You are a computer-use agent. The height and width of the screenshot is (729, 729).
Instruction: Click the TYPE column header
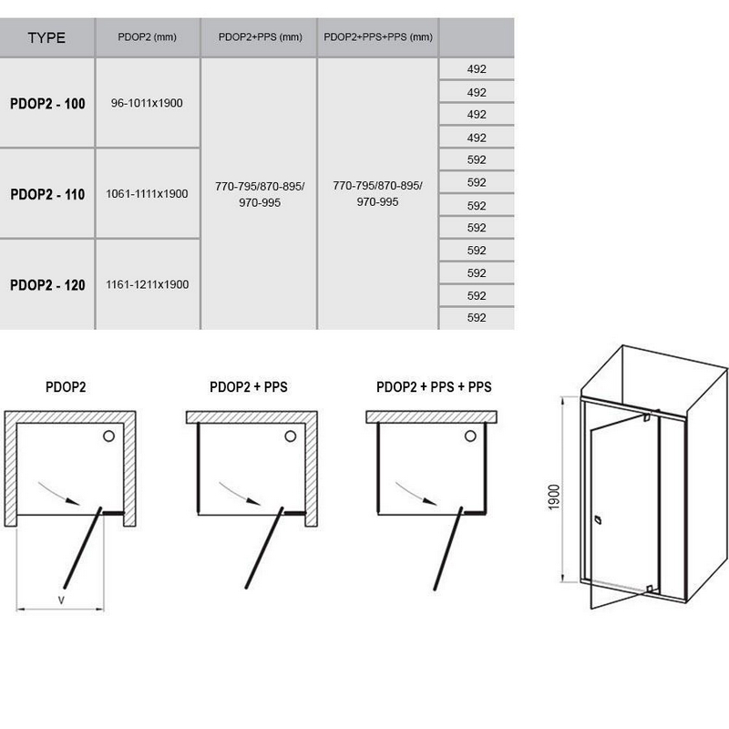click(x=46, y=37)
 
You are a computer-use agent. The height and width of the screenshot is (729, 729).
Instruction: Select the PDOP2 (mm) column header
click(x=147, y=37)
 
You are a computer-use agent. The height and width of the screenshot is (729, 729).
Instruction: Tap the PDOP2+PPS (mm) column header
click(x=260, y=37)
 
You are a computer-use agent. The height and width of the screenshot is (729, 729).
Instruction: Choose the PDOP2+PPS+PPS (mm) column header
click(x=378, y=37)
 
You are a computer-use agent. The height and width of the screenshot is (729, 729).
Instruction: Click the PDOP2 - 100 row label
click(x=47, y=103)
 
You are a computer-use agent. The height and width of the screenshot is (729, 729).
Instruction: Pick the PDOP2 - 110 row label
click(x=47, y=194)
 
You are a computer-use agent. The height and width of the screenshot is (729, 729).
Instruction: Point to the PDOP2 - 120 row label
click(x=47, y=284)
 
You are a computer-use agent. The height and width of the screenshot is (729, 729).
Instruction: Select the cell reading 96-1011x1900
click(x=147, y=103)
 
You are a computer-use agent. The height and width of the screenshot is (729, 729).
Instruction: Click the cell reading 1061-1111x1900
click(x=147, y=193)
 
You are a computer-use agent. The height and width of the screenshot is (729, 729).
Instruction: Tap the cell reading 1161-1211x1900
click(x=147, y=284)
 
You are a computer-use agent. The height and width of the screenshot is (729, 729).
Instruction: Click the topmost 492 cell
click(x=477, y=69)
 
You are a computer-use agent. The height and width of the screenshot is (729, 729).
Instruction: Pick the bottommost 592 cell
click(x=477, y=317)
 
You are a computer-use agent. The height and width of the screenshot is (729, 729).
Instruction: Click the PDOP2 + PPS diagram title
click(x=248, y=386)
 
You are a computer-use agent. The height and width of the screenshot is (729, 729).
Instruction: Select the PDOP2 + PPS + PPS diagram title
click(x=434, y=386)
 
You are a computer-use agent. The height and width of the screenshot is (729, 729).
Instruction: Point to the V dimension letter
click(x=61, y=601)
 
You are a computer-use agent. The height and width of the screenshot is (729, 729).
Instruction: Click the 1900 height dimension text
click(x=554, y=497)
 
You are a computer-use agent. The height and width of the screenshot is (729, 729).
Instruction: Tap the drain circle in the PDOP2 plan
click(x=108, y=436)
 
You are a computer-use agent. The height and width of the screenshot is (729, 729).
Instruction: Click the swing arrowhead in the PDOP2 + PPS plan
click(x=253, y=501)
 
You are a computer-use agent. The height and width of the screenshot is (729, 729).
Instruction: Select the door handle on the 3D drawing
click(x=598, y=519)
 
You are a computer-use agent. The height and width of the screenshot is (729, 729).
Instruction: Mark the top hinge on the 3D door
click(x=647, y=417)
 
